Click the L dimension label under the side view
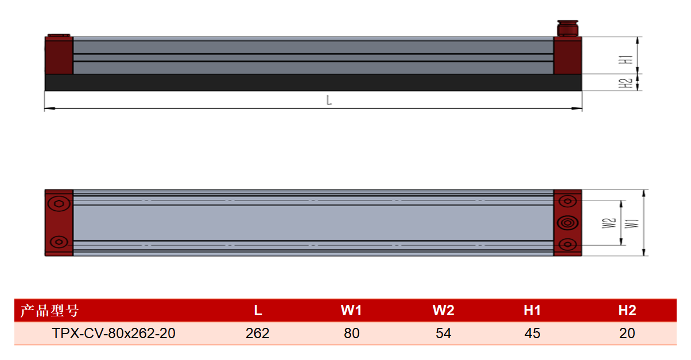(x=329, y=100)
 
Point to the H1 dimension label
(x=626, y=60)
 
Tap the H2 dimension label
(x=626, y=83)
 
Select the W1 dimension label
(x=631, y=224)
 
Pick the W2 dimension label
(x=608, y=223)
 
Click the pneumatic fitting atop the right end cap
(x=567, y=28)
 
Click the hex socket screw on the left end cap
(x=59, y=204)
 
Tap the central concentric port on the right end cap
(x=568, y=223)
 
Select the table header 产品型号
(x=50, y=310)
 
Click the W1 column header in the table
(x=351, y=310)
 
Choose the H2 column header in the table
(x=627, y=310)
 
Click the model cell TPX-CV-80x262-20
(x=114, y=333)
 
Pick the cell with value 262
(x=257, y=333)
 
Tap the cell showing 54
(x=443, y=333)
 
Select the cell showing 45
(x=532, y=333)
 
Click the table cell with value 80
(x=352, y=333)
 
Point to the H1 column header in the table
(x=532, y=310)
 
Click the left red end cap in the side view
(x=59, y=55)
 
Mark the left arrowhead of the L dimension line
(x=50, y=109)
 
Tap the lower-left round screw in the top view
(x=59, y=242)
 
